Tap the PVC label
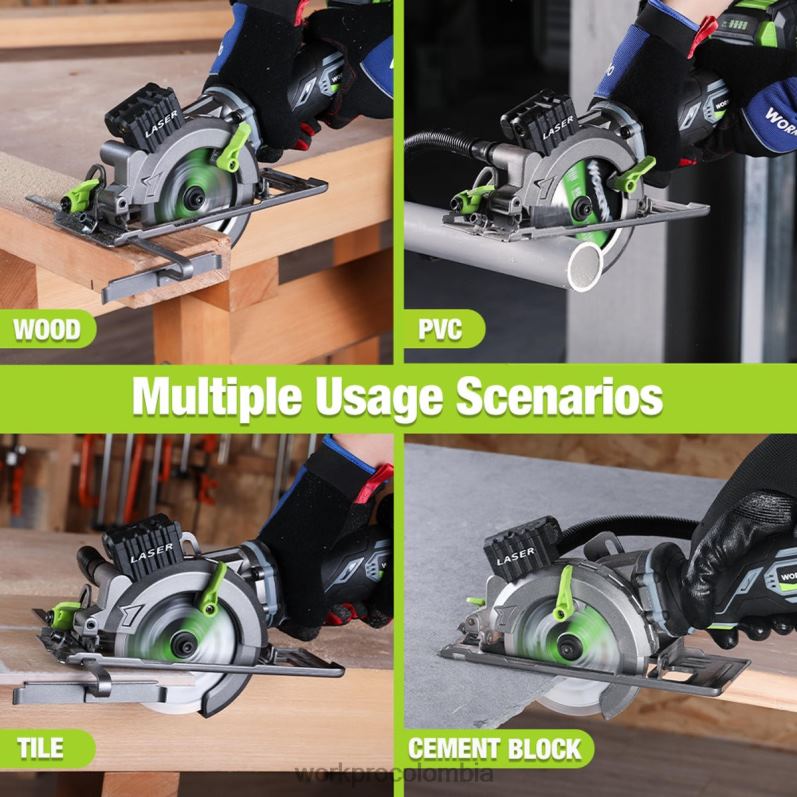point(441,329)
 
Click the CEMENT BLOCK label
point(495,747)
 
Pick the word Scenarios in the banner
point(560,397)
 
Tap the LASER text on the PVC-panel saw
point(558,127)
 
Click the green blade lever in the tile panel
point(213,589)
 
